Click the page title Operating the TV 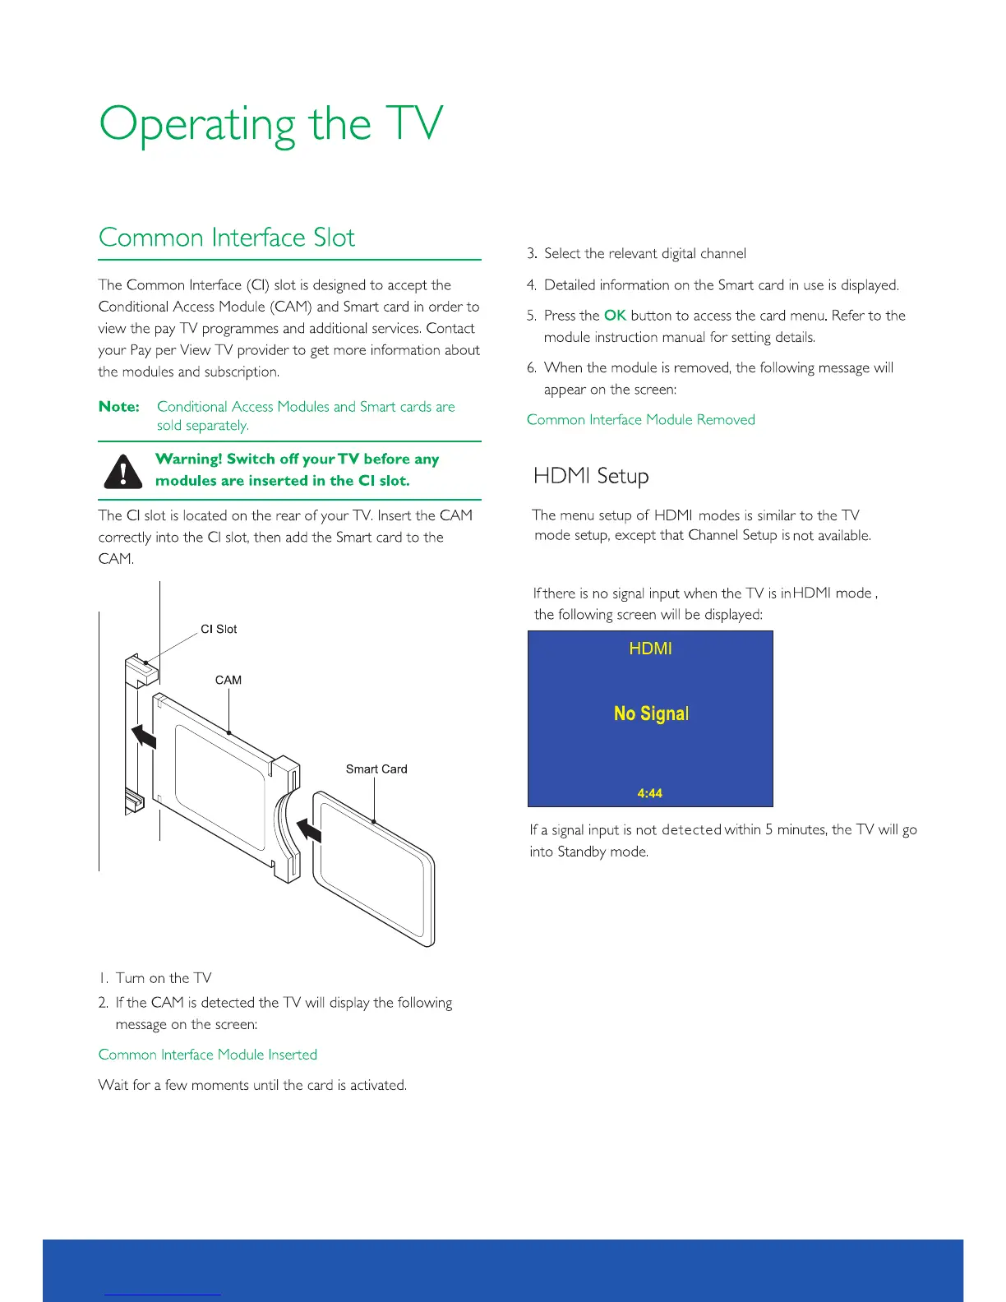pyautogui.click(x=270, y=125)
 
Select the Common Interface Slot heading pyautogui.click(x=226, y=238)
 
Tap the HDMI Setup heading pyautogui.click(x=591, y=476)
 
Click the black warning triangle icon pyautogui.click(x=124, y=471)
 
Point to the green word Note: pyautogui.click(x=119, y=407)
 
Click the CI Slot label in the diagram pyautogui.click(x=219, y=629)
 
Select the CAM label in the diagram pyautogui.click(x=228, y=680)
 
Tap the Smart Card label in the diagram pyautogui.click(x=376, y=769)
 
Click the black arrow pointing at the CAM pyautogui.click(x=145, y=735)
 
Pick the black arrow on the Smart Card pyautogui.click(x=309, y=830)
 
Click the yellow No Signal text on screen pyautogui.click(x=651, y=713)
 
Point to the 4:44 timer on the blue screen pyautogui.click(x=649, y=793)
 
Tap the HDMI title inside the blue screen pyautogui.click(x=650, y=649)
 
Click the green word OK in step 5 pyautogui.click(x=615, y=316)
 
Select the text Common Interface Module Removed pyautogui.click(x=641, y=420)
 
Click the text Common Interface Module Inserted pyautogui.click(x=208, y=1055)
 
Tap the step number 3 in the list pyautogui.click(x=532, y=254)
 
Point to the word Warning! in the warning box pyautogui.click(x=189, y=459)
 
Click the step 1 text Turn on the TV pyautogui.click(x=164, y=978)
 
